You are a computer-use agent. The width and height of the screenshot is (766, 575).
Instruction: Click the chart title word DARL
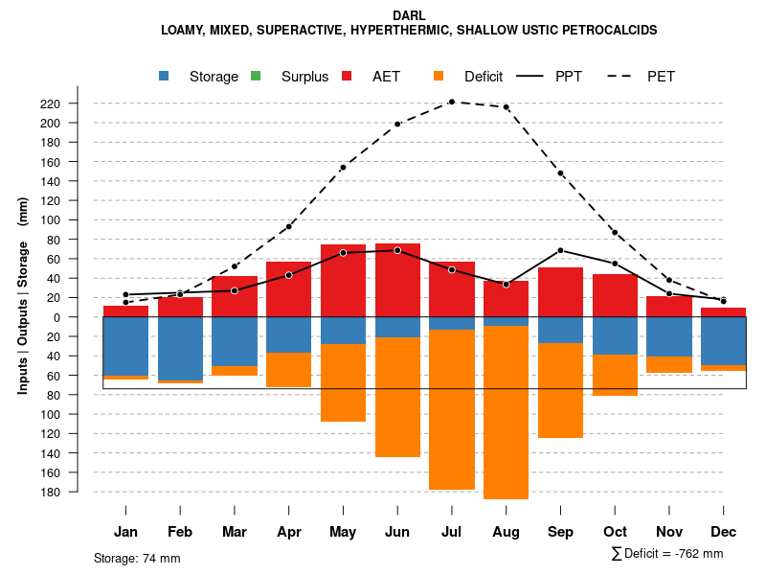point(409,15)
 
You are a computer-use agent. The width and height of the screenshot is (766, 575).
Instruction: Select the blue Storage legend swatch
point(166,77)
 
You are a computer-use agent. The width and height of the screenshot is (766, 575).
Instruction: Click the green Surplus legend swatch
point(256,77)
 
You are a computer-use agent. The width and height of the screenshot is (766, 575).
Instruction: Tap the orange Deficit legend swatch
point(439,77)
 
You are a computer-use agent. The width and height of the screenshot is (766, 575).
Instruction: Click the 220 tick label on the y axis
point(78,103)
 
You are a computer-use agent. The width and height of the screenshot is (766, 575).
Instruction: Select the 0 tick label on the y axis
point(83,317)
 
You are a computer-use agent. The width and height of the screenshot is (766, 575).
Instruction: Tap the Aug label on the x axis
point(506,532)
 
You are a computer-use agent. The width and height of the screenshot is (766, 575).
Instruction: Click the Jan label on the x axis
point(125,532)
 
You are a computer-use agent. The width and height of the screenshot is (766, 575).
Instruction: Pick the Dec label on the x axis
point(723,532)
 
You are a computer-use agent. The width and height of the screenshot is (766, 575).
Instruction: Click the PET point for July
point(451,102)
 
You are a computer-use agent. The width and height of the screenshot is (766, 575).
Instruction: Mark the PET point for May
point(343,168)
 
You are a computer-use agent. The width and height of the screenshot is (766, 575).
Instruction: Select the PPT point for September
point(560,250)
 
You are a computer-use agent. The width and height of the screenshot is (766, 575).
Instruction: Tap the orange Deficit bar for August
point(506,412)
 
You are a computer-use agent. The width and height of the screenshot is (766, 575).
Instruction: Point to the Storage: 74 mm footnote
point(137,558)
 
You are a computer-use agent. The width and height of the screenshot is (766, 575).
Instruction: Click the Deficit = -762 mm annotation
point(666,554)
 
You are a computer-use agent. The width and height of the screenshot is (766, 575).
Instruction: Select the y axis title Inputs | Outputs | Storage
point(23,295)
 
